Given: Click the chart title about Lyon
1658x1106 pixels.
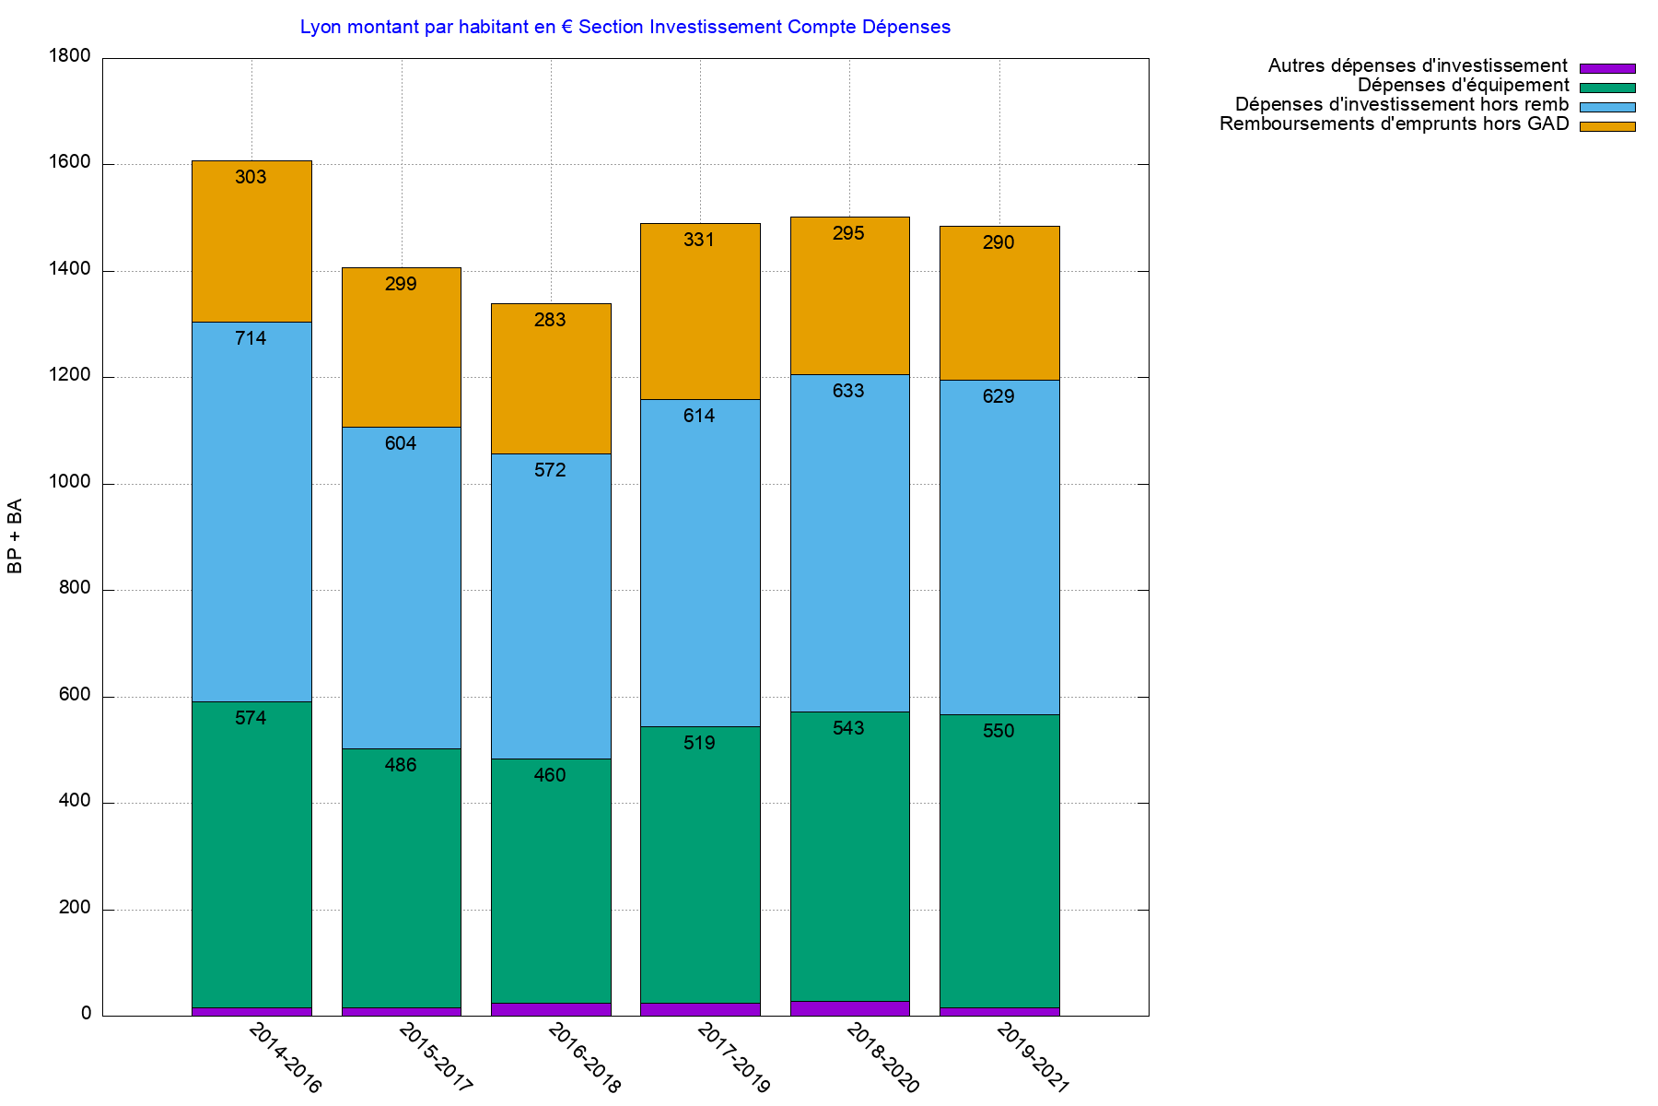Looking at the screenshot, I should pos(625,27).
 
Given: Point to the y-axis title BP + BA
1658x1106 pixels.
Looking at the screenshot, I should pos(15,536).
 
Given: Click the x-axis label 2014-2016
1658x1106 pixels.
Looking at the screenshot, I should pos(286,1058).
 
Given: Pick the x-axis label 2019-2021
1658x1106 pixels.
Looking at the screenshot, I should pos(1033,1058).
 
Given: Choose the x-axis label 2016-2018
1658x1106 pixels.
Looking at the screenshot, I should pos(584,1058).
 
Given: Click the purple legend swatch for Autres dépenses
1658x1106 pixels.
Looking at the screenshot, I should pos(1606,68).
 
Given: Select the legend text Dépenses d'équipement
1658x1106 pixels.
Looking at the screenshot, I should pos(1463,86).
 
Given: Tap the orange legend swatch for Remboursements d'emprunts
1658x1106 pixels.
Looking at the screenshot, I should pos(1606,126).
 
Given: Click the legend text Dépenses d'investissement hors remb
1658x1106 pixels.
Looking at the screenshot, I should pos(1401,105).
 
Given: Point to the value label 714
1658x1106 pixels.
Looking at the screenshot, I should pos(251,338).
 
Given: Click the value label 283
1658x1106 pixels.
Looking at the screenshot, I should pos(550,320).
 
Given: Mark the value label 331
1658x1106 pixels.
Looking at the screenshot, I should pos(699,240).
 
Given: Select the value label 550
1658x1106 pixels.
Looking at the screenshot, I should pos(998,731).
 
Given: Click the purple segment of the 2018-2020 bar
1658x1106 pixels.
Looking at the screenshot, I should pos(849,1008).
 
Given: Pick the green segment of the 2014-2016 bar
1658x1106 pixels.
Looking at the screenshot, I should pos(251,857).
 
